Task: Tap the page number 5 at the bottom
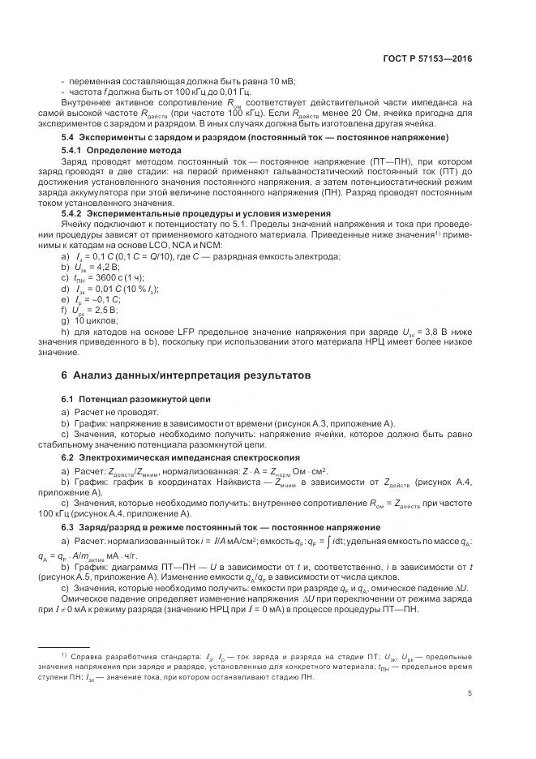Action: coord(470,693)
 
